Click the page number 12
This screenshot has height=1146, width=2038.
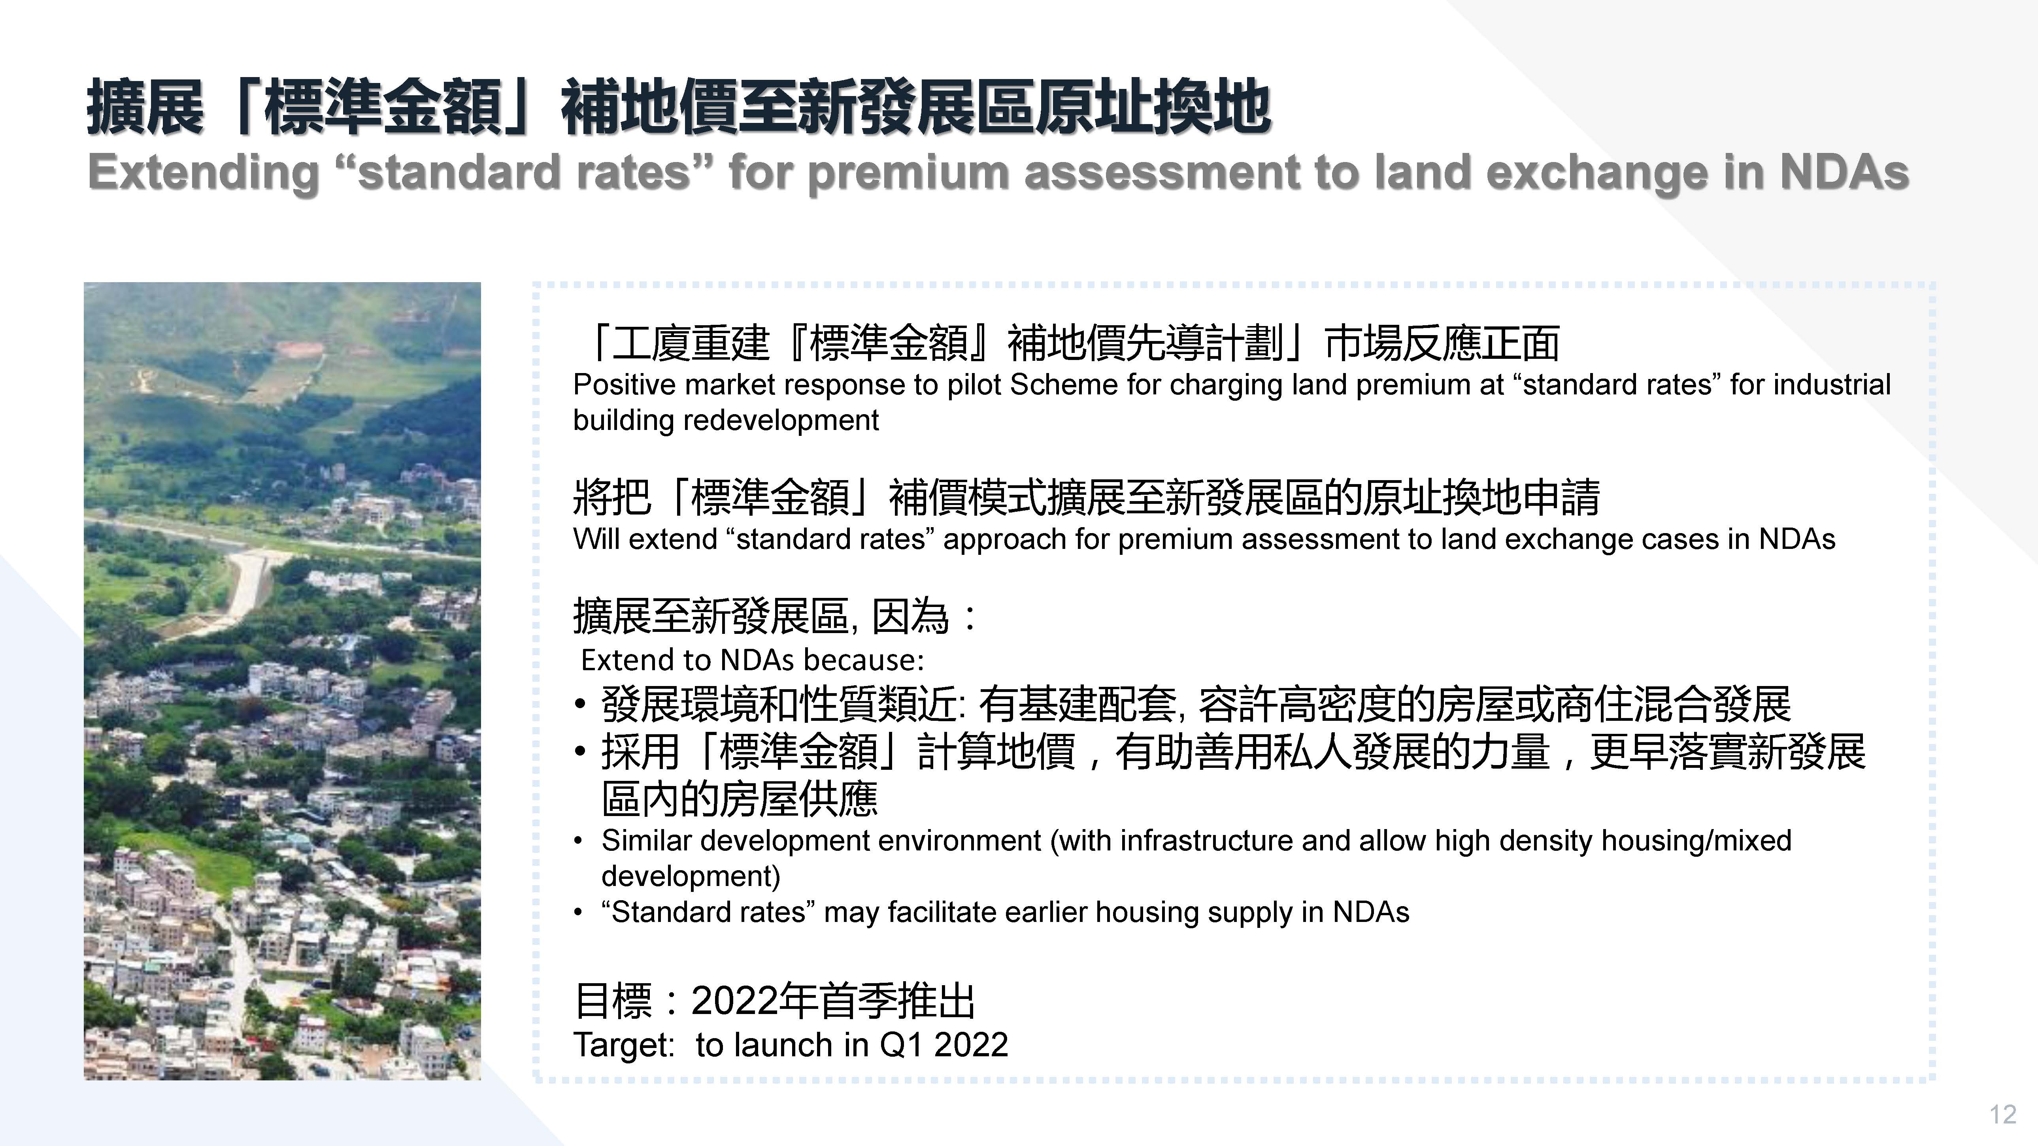tap(2002, 1114)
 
